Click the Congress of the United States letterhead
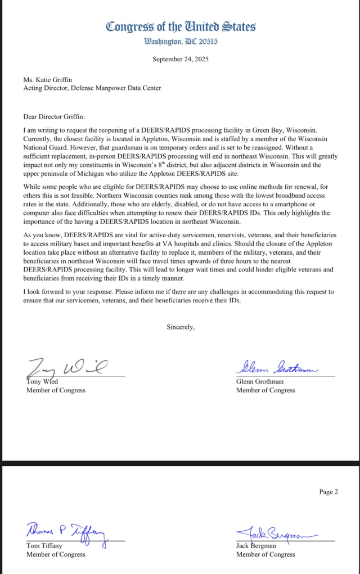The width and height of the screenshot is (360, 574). click(181, 26)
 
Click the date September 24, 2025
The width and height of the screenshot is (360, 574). click(181, 59)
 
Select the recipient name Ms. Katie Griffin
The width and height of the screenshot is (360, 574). click(48, 80)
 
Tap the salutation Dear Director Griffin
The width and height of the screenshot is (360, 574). click(53, 116)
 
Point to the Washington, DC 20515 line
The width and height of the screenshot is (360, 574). click(181, 41)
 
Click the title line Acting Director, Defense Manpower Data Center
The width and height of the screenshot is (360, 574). click(92, 88)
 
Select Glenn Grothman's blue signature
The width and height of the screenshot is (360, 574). click(276, 368)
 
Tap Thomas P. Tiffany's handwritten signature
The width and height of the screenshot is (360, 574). click(66, 531)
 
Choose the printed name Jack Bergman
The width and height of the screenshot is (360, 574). click(256, 546)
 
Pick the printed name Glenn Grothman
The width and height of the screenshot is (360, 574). click(260, 382)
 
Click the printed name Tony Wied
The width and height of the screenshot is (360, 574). click(42, 382)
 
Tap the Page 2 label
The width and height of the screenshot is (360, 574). click(328, 492)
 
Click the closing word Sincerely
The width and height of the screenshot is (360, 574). click(181, 327)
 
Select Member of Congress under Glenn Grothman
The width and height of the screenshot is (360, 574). click(265, 390)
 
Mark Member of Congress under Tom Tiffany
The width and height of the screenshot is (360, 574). click(56, 554)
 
